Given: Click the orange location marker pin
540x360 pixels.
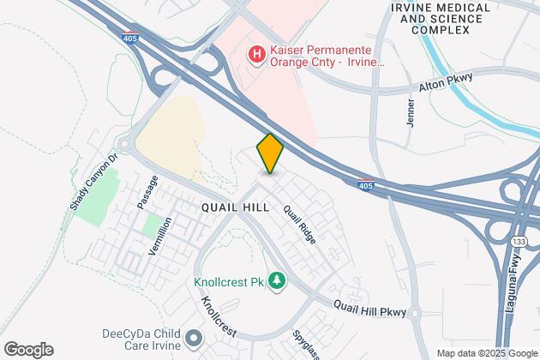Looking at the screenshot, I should pos(270,153).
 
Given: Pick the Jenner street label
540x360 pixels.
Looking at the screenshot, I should pos(411,113).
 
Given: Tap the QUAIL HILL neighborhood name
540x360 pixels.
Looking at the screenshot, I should pos(236,208).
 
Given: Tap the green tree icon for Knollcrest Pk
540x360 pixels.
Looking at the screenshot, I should pos(276,280).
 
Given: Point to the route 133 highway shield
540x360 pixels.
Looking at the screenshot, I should pos(516,243).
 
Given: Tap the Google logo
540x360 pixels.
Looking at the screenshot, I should pos(28,350).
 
